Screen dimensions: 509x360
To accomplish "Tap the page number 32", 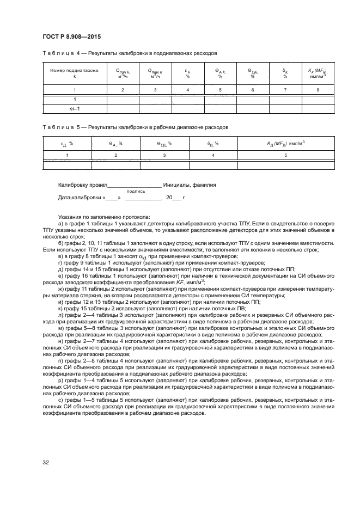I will [46, 462].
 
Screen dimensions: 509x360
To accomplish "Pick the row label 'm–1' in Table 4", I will [75, 109].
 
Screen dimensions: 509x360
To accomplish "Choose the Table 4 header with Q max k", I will [155, 73].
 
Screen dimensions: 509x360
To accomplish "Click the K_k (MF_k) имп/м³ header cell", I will [317, 73].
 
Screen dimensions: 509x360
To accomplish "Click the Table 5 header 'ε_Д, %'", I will [67, 143].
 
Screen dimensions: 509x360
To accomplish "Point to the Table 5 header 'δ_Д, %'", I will [213, 143].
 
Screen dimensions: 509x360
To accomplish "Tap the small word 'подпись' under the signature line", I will [136, 192].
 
